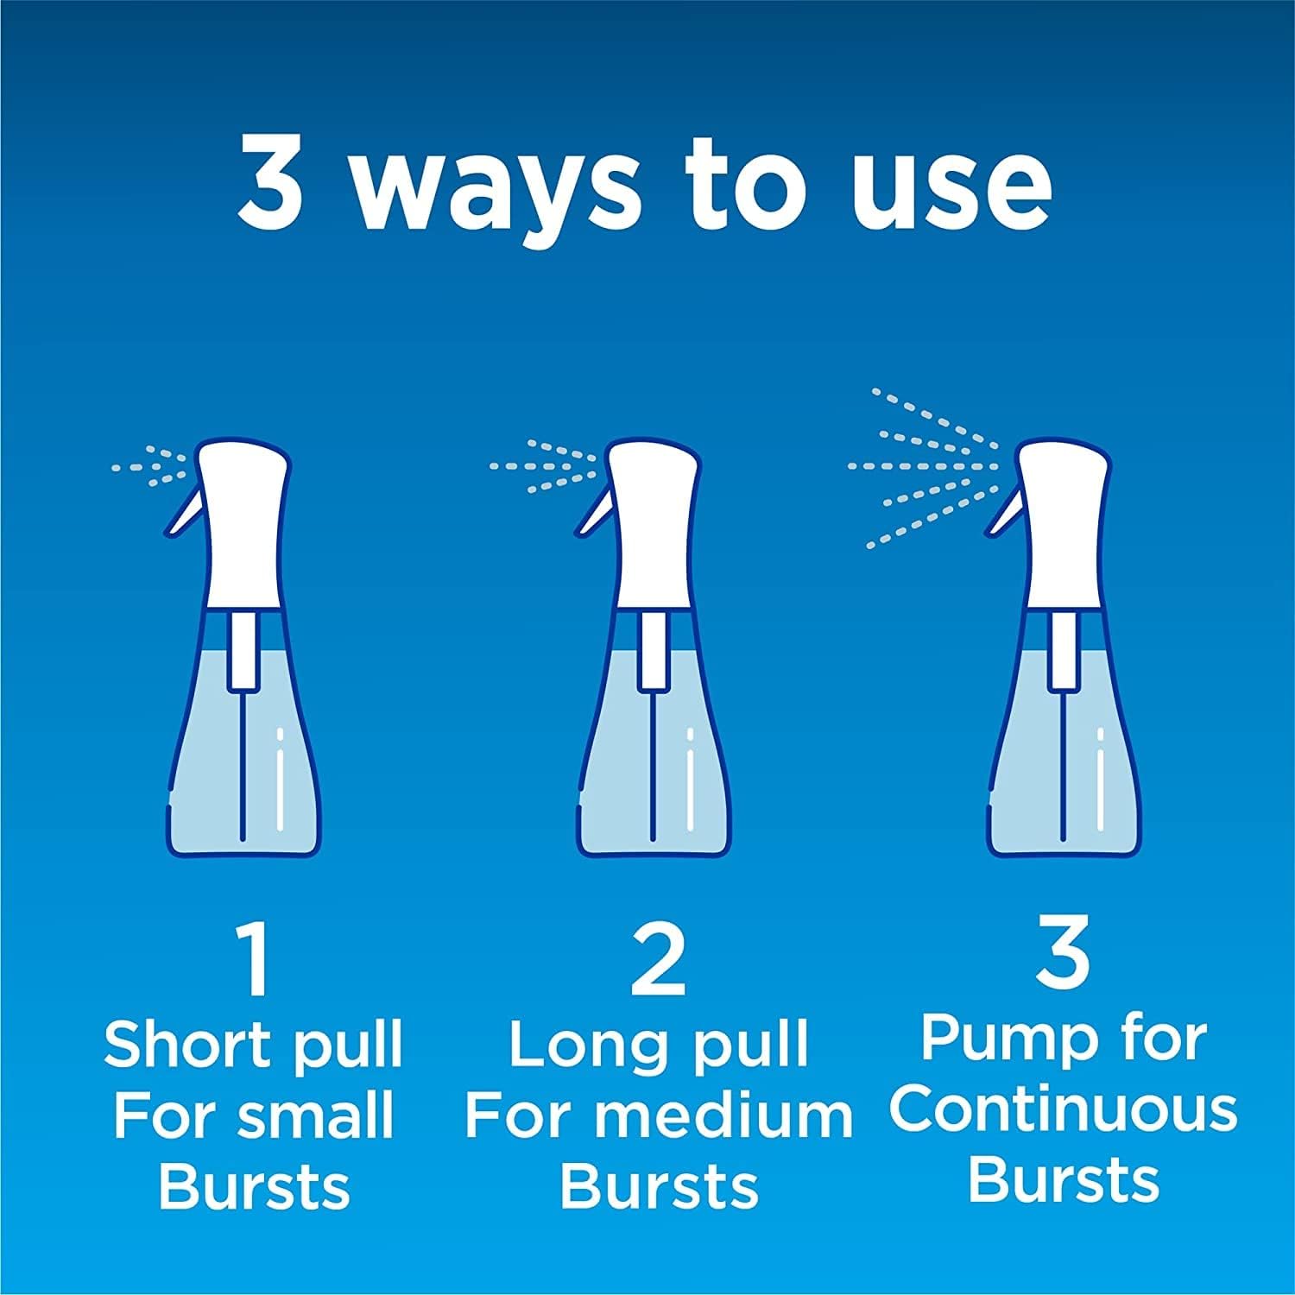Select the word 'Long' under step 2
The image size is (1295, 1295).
tap(582, 1044)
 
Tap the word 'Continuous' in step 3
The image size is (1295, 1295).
tap(1064, 1109)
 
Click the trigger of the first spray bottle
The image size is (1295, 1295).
tap(182, 516)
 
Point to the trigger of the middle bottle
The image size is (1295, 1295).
tap(591, 516)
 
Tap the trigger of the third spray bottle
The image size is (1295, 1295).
tap(1002, 516)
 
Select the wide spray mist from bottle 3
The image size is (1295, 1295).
tap(924, 466)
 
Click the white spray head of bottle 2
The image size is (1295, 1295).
tap(653, 527)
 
